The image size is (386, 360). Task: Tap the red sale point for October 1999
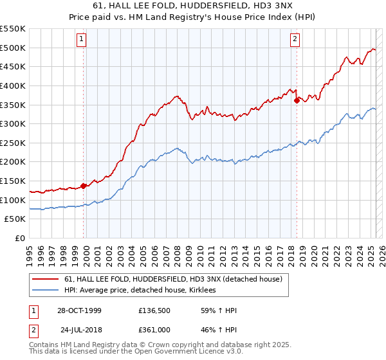point(84,186)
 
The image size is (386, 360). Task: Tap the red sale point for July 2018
point(297,100)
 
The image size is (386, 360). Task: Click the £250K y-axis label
point(13,143)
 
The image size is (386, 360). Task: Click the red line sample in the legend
point(45,279)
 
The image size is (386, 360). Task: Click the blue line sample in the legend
point(45,291)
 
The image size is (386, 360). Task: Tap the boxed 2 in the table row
point(33,329)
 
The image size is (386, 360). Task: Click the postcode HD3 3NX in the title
point(275,6)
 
